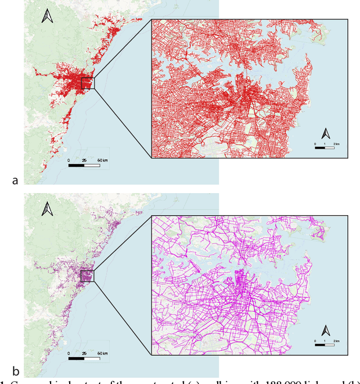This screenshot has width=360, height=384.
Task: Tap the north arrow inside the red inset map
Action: (325, 134)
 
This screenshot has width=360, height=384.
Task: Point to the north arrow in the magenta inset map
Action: (325, 331)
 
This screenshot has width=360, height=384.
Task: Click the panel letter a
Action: (15, 180)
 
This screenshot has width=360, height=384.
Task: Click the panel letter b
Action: (15, 372)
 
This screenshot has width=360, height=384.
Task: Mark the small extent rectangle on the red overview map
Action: (88, 83)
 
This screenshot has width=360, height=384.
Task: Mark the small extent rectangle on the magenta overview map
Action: (88, 276)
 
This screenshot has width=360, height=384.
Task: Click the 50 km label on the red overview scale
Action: (102, 160)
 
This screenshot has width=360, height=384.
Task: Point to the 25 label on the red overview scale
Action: (84, 160)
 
